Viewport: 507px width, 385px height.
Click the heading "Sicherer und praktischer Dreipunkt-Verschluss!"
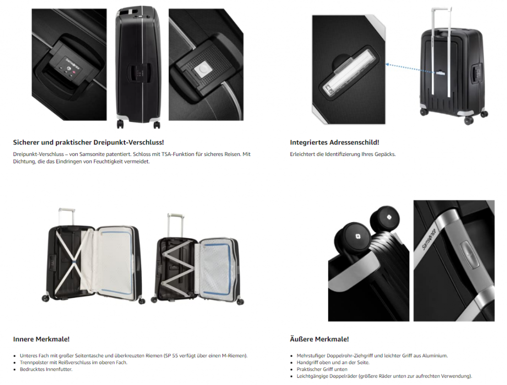pos(88,142)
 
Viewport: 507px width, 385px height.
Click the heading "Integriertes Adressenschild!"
pos(334,142)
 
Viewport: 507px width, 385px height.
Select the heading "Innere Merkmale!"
pos(41,339)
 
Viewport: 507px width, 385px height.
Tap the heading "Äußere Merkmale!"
pos(319,339)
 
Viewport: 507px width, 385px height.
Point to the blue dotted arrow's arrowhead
pos(387,65)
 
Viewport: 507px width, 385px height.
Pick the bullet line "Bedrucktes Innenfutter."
pos(46,369)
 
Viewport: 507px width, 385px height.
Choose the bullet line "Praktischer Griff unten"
pos(322,369)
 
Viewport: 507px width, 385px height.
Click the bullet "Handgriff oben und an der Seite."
pos(333,362)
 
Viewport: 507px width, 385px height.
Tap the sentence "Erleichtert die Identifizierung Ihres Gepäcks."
pos(343,154)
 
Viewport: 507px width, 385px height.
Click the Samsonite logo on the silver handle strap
pos(429,238)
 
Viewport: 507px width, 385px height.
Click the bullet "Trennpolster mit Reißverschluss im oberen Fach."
pos(74,362)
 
